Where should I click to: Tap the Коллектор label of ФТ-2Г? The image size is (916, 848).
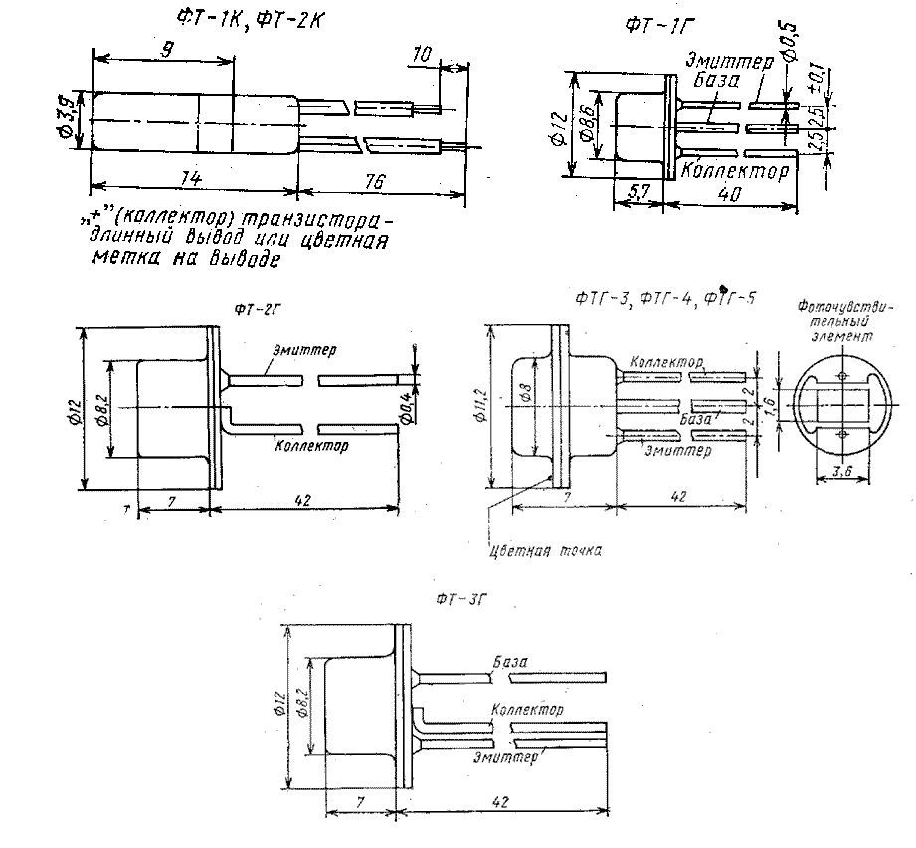[311, 446]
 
